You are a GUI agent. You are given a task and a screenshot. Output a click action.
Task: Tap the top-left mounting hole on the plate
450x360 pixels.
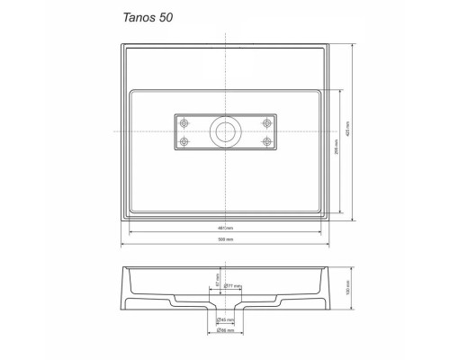pos(185,122)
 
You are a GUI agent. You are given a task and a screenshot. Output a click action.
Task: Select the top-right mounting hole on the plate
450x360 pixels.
pos(266,122)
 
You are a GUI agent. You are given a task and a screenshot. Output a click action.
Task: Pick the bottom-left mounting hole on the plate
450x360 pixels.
pos(185,141)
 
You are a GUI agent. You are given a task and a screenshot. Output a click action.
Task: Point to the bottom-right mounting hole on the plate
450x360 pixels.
pos(266,141)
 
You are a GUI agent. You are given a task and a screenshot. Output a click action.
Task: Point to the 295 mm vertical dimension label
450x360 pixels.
pos(336,153)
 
